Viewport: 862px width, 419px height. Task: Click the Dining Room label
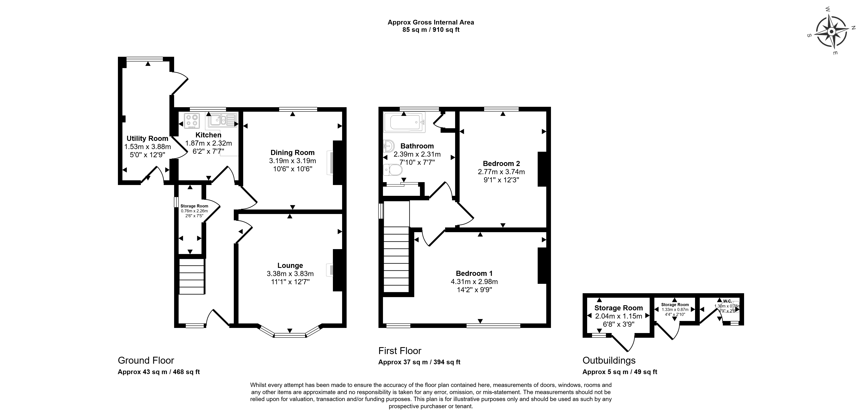click(292, 153)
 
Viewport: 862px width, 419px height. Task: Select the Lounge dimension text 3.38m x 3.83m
click(290, 274)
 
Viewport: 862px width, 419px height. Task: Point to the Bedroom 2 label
click(501, 164)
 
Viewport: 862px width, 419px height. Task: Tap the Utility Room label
click(147, 138)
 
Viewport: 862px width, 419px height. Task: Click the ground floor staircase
click(192, 276)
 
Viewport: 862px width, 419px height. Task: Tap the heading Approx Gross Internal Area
click(431, 22)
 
